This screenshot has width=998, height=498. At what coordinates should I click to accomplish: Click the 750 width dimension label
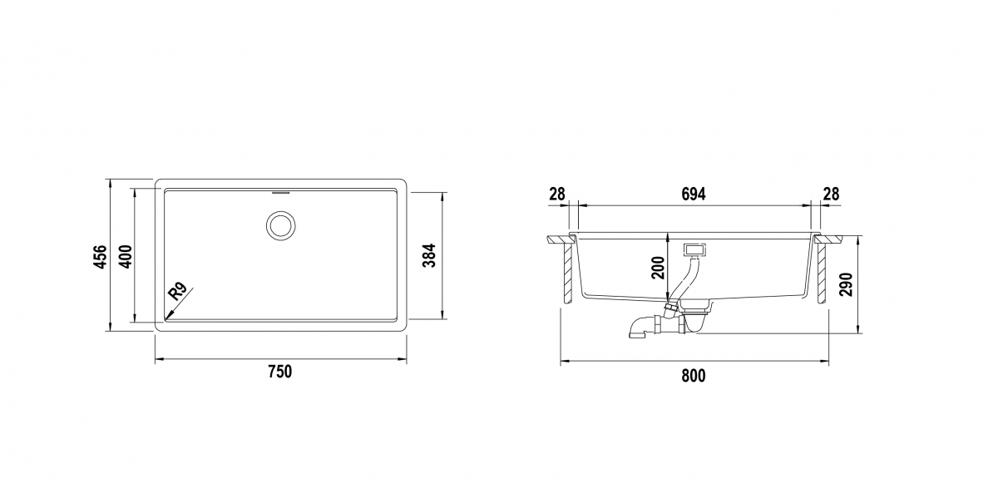(x=279, y=372)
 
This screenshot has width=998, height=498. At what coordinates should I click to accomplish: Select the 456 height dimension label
(x=101, y=256)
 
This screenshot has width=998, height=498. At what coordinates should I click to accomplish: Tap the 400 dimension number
(x=126, y=256)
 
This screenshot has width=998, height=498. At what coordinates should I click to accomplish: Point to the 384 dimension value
(x=428, y=255)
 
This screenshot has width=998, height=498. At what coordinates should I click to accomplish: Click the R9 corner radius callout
(x=177, y=292)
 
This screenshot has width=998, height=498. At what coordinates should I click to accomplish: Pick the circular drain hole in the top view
(x=281, y=226)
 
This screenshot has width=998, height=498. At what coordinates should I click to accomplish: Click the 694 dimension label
(x=694, y=195)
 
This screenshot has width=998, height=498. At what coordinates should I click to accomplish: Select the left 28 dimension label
(x=557, y=195)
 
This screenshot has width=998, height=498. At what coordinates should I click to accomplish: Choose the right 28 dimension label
(x=832, y=195)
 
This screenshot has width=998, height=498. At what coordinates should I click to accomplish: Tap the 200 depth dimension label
(x=658, y=268)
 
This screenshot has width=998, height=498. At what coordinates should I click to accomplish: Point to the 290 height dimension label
(x=845, y=284)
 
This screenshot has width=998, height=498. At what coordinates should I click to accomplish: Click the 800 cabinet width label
(x=694, y=376)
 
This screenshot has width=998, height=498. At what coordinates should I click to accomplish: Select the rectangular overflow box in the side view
(x=694, y=250)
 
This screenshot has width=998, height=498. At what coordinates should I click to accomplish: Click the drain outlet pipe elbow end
(x=636, y=333)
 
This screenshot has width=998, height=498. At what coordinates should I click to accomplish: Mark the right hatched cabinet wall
(x=821, y=274)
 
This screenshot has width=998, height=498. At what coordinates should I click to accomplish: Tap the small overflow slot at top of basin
(x=281, y=194)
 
